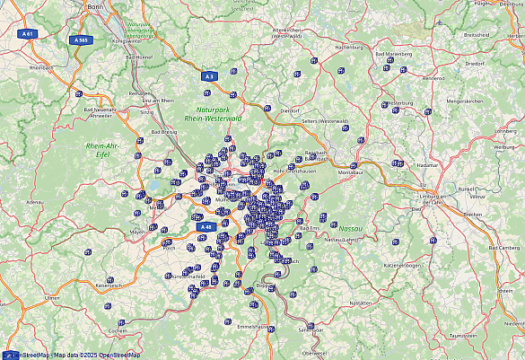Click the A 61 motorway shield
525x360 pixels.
[x=28, y=33]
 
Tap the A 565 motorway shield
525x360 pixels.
[x=81, y=40]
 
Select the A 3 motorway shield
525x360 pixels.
[x=209, y=76]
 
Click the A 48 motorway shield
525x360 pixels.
[x=206, y=227]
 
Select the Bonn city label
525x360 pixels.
[x=95, y=5]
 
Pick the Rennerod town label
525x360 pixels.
[x=433, y=77]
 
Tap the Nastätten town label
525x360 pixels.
[x=359, y=303]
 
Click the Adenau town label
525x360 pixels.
[x=35, y=202]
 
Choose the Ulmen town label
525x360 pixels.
[x=52, y=297]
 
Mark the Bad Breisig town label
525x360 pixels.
[x=162, y=131]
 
